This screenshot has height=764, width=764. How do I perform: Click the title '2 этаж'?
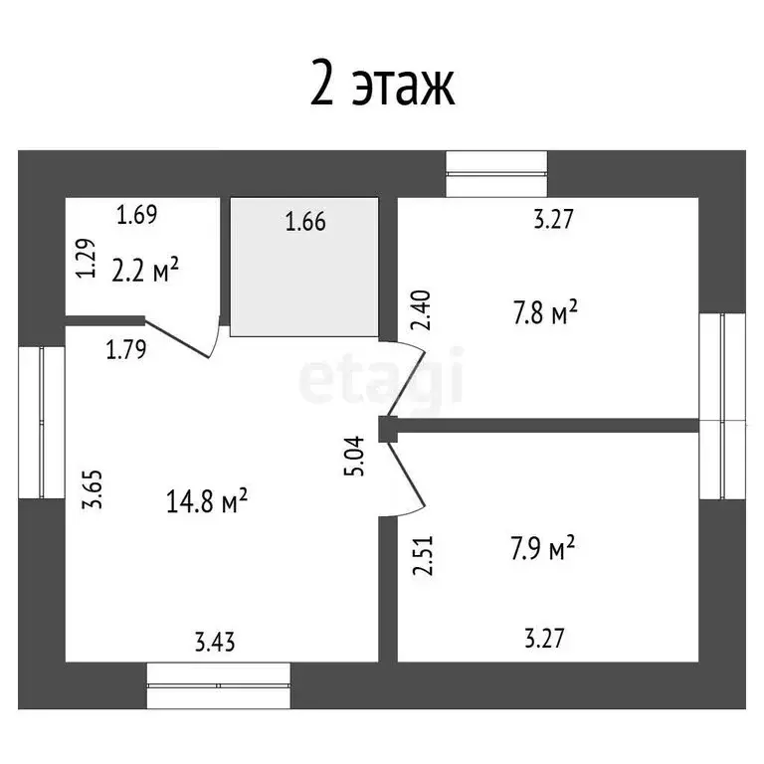(x=382, y=86)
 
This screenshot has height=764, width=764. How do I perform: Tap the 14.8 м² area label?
(x=207, y=501)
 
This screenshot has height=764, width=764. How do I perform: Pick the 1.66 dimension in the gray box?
(x=305, y=222)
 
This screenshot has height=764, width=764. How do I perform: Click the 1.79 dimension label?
(x=126, y=349)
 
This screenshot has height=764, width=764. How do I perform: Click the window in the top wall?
(x=496, y=174)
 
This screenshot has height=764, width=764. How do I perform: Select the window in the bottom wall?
(x=219, y=685)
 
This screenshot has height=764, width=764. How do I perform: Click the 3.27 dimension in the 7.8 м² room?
(x=553, y=221)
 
